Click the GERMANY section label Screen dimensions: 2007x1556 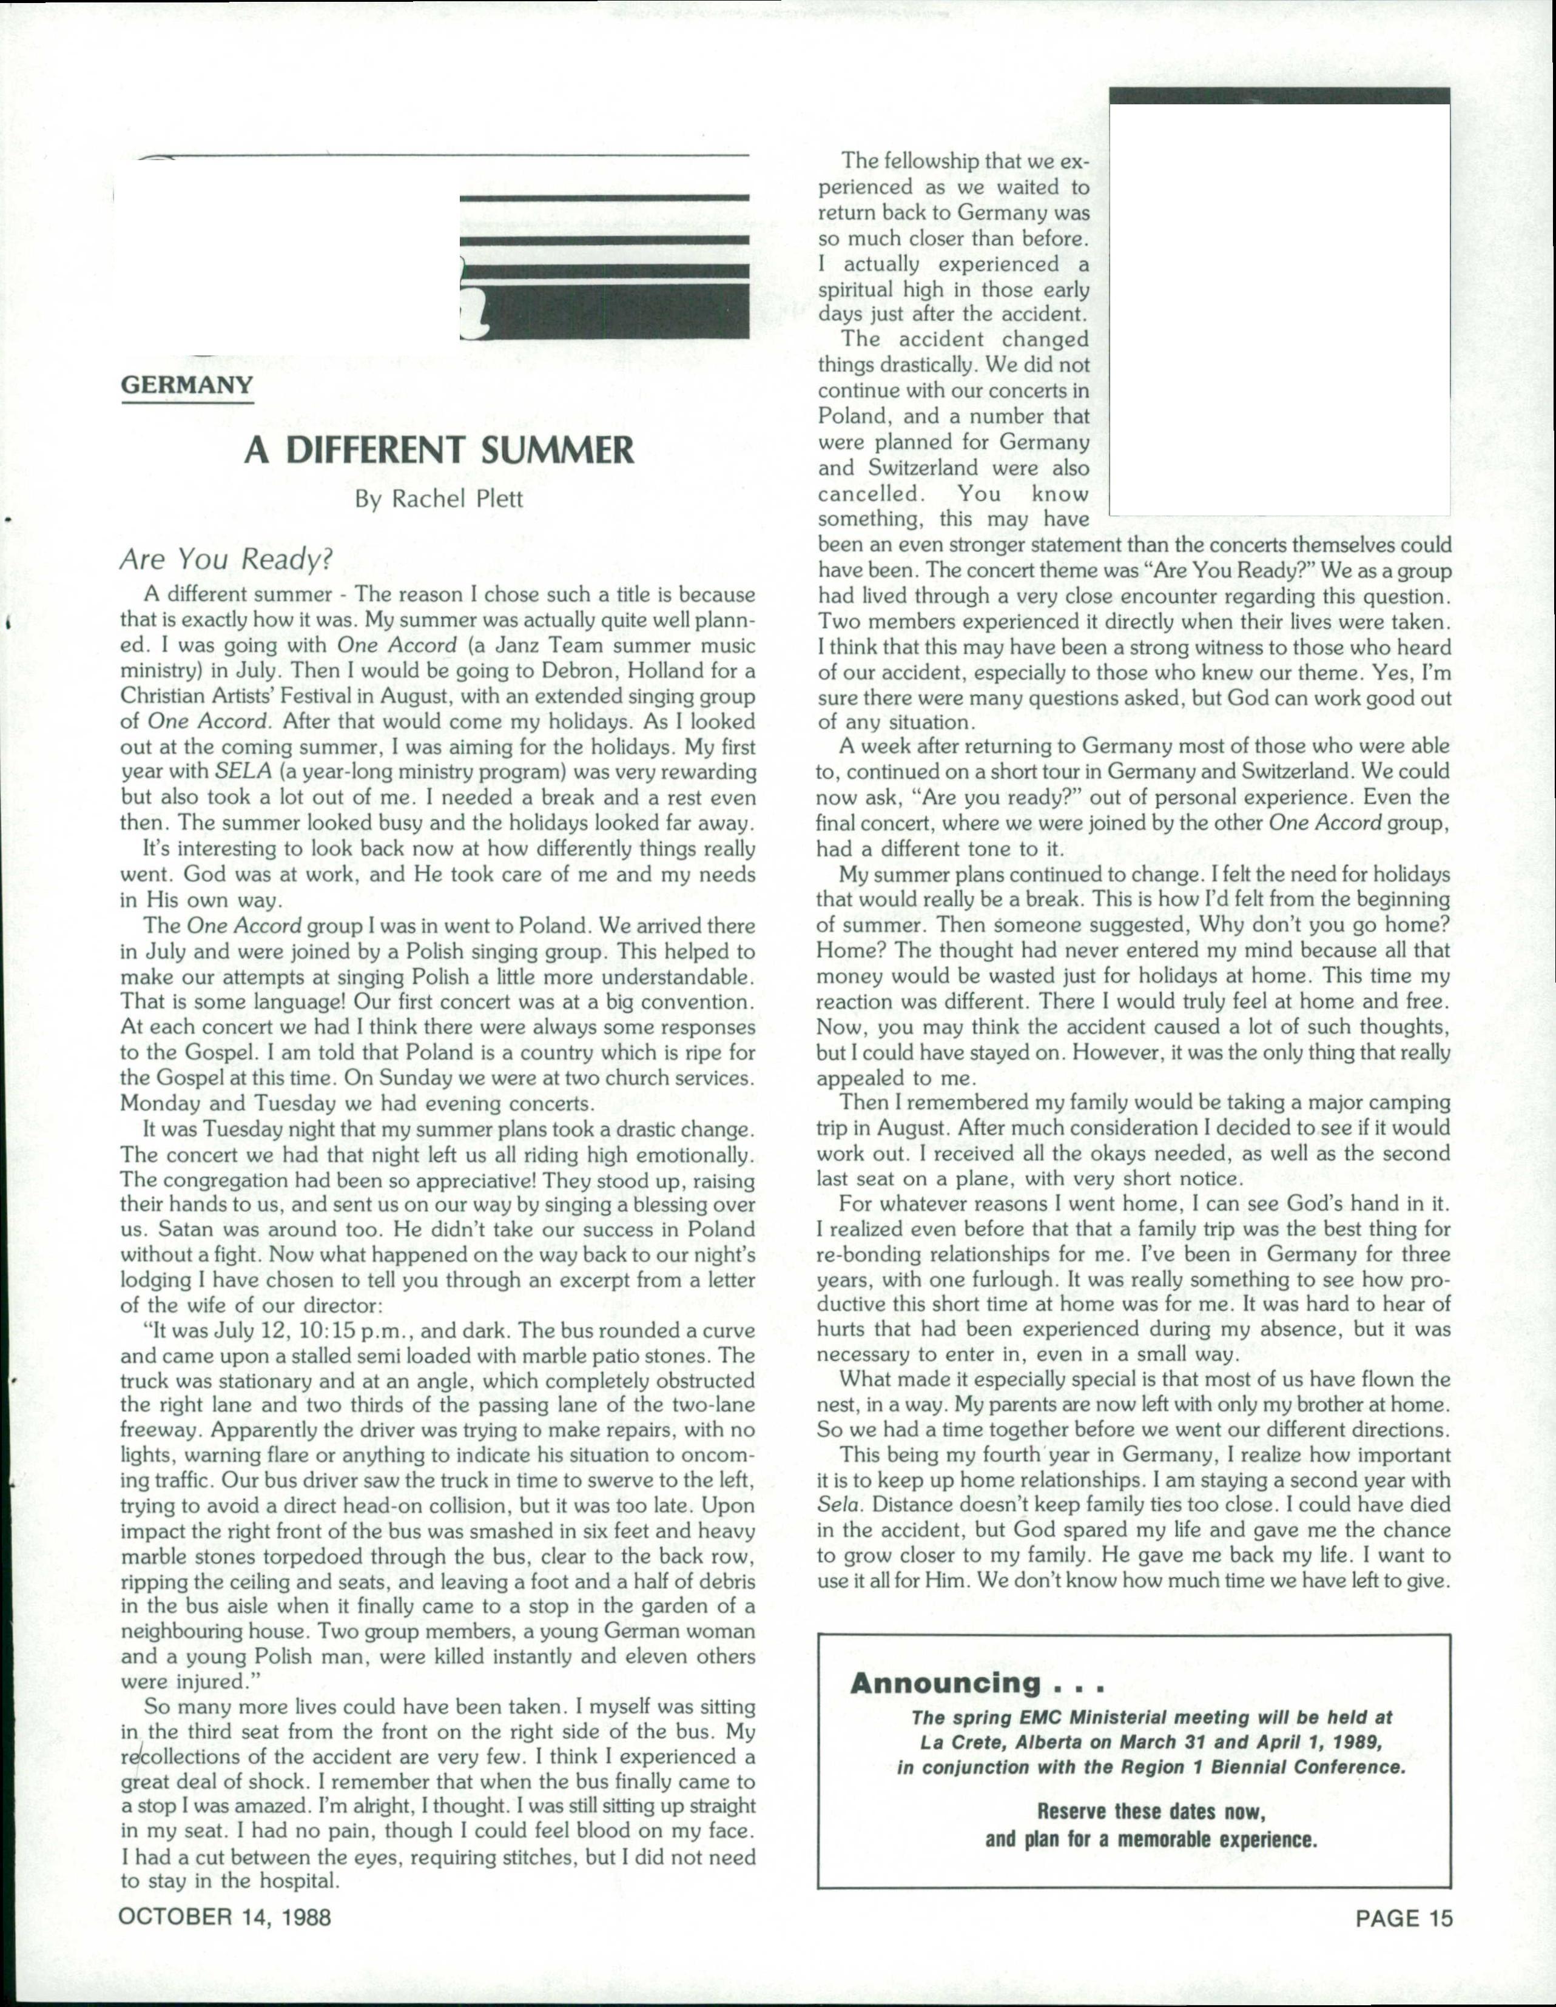[x=187, y=385]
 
